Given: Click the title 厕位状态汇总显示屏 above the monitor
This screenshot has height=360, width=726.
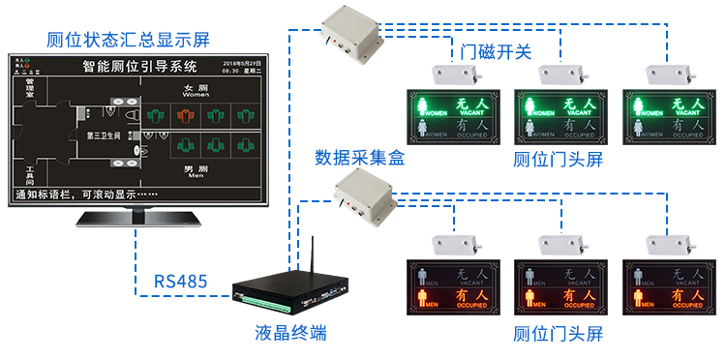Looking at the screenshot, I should (x=128, y=40).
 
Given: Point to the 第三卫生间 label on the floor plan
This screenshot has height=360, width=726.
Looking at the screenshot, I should (x=104, y=135).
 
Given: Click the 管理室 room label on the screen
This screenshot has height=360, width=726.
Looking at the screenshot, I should (x=30, y=92).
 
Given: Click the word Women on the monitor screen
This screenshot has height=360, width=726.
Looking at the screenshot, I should (x=196, y=96).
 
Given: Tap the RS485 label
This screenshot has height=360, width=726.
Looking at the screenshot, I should (x=180, y=282).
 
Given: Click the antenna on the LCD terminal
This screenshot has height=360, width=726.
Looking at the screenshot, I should (x=312, y=256).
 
